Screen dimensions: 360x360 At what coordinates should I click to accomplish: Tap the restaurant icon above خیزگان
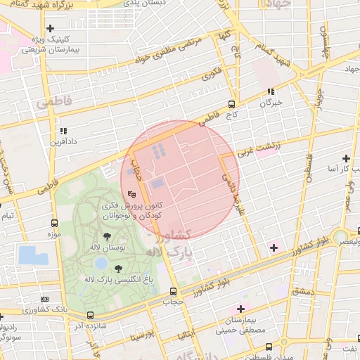click(x=271, y=91)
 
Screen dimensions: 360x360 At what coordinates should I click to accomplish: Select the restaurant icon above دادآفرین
click(x=63, y=130)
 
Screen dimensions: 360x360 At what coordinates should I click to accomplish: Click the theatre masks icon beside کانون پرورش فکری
click(x=131, y=194)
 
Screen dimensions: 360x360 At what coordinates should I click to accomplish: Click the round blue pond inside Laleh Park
click(x=101, y=263)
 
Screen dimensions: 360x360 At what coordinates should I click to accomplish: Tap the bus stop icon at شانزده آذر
click(x=91, y=315)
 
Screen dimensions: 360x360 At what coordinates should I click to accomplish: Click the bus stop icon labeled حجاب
click(x=173, y=291)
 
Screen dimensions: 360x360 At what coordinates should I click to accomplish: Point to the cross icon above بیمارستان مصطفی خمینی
click(x=241, y=309)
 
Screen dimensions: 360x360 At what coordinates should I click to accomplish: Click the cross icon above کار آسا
click(x=346, y=158)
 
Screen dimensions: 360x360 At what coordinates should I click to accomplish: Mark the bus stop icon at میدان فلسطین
click(x=269, y=347)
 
